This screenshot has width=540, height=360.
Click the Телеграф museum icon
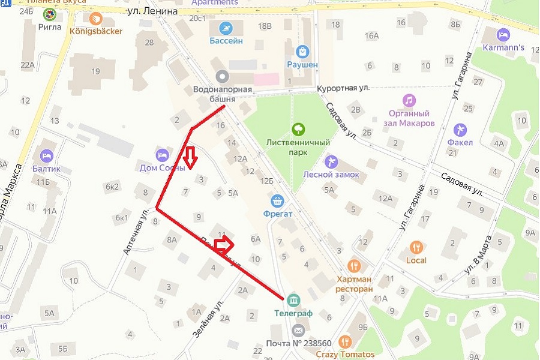pos(293,299)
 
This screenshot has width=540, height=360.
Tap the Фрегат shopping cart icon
pos(277,200)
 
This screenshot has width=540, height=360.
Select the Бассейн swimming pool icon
pos(226,28)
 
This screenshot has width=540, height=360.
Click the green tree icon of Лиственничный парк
pos(298,128)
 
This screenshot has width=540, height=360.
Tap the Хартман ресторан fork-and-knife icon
pos(355,265)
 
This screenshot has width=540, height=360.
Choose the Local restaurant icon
pos(416,247)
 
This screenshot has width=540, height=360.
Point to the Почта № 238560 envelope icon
pos(298,330)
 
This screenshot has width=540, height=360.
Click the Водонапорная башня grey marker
pos(223,76)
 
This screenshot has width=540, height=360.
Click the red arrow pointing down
pos(190,157)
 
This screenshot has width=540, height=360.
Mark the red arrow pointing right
pos(223,243)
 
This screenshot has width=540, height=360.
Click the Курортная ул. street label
pos(343,88)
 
